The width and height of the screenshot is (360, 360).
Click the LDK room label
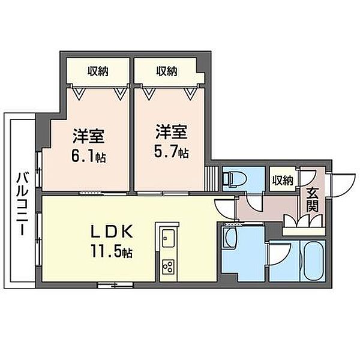[112, 232]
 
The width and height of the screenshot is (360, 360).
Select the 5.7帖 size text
[171, 152]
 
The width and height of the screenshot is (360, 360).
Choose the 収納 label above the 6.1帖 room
[98, 71]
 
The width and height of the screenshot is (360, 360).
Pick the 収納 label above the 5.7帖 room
[167, 71]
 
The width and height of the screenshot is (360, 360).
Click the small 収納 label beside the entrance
[283, 181]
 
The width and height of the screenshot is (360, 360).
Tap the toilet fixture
[235, 179]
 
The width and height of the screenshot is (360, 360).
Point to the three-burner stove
[168, 267]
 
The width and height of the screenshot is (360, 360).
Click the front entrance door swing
[343, 185]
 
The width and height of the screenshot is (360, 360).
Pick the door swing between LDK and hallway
[225, 209]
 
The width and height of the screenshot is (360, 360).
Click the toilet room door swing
[254, 202]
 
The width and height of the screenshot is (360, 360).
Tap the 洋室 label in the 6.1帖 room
[89, 136]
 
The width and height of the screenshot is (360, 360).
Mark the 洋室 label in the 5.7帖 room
[171, 131]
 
